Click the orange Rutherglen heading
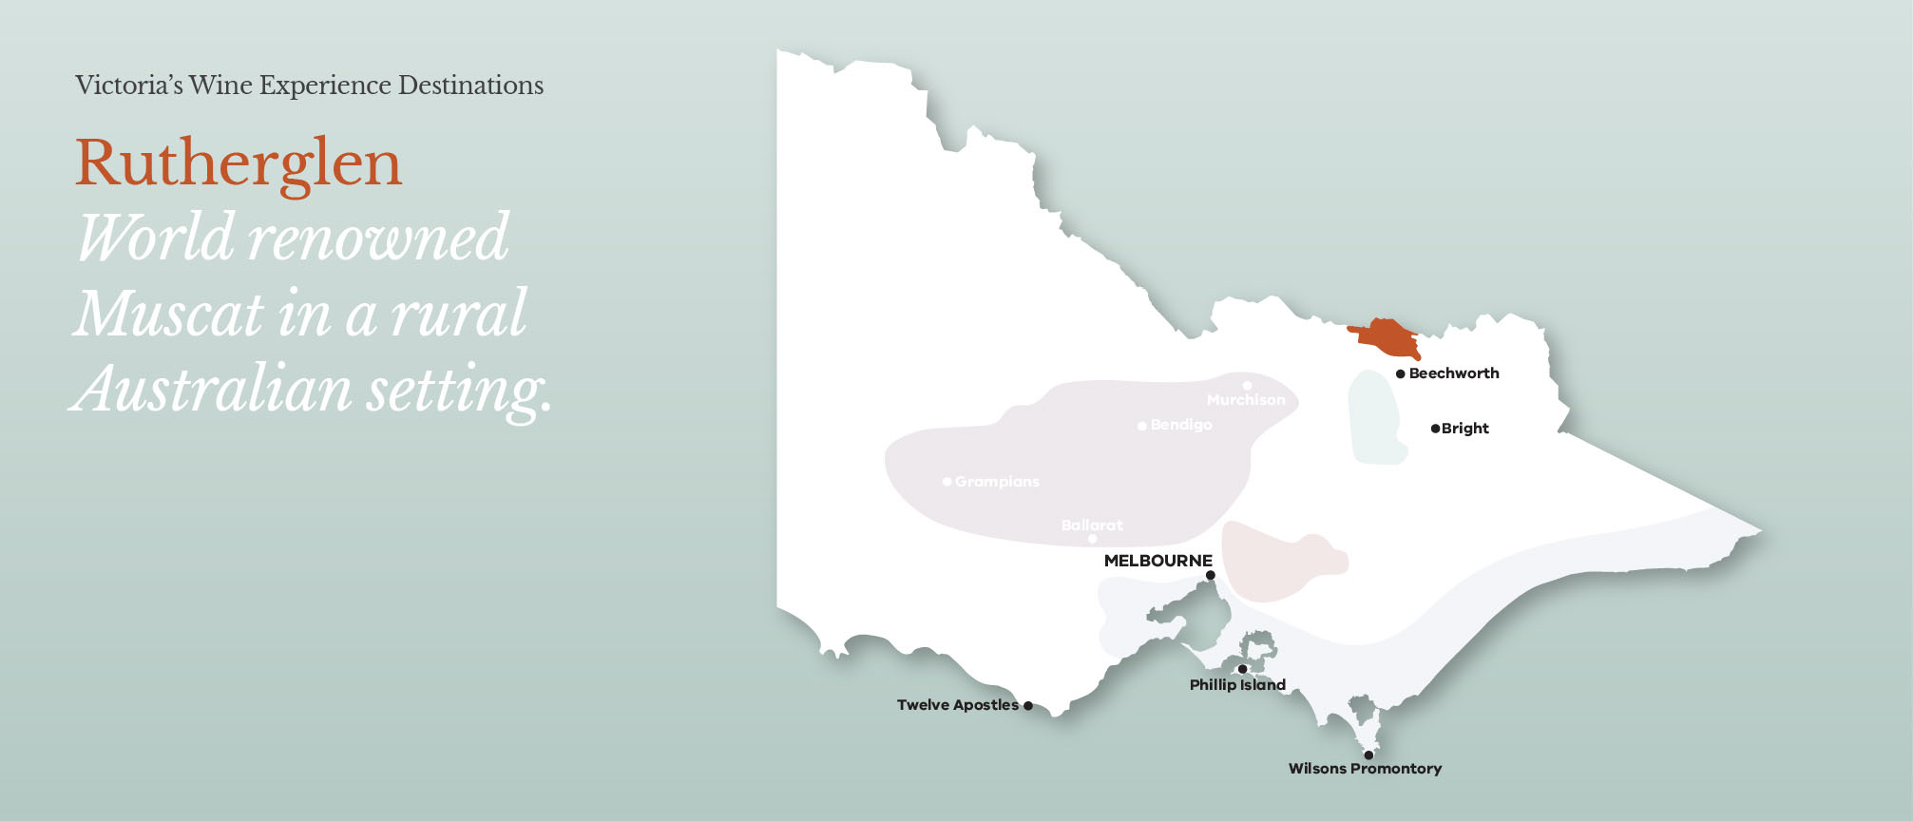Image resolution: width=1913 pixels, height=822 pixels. pyautogui.click(x=239, y=163)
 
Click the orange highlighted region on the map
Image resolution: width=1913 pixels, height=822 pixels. pyautogui.click(x=1387, y=336)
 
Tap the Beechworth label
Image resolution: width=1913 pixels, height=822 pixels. pyautogui.click(x=1453, y=373)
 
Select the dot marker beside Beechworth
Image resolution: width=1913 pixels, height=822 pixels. pyautogui.click(x=1400, y=374)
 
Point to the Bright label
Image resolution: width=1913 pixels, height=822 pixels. pyautogui.click(x=1464, y=429)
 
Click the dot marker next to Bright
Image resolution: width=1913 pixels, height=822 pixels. pyautogui.click(x=1435, y=429)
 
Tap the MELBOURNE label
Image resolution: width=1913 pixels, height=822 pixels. pyautogui.click(x=1157, y=561)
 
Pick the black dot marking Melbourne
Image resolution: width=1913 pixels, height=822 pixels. pyautogui.click(x=1210, y=575)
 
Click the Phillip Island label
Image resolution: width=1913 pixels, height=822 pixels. pyautogui.click(x=1237, y=684)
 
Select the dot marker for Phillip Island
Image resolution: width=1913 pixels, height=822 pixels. pyautogui.click(x=1242, y=669)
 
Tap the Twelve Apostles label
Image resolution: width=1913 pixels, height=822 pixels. pyautogui.click(x=957, y=705)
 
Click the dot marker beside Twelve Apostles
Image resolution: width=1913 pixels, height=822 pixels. pyautogui.click(x=1028, y=706)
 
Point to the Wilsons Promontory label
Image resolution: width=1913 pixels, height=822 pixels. pyautogui.click(x=1365, y=769)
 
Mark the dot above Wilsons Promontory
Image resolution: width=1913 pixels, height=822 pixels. pyautogui.click(x=1368, y=755)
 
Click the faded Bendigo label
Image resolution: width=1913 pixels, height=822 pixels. pyautogui.click(x=1181, y=425)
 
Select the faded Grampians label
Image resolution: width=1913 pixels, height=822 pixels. pyautogui.click(x=997, y=482)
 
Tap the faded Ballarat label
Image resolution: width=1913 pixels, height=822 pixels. pyautogui.click(x=1092, y=525)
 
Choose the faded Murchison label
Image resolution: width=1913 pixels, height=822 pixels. pyautogui.click(x=1246, y=400)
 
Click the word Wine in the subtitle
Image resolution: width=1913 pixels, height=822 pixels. pyautogui.click(x=220, y=86)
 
